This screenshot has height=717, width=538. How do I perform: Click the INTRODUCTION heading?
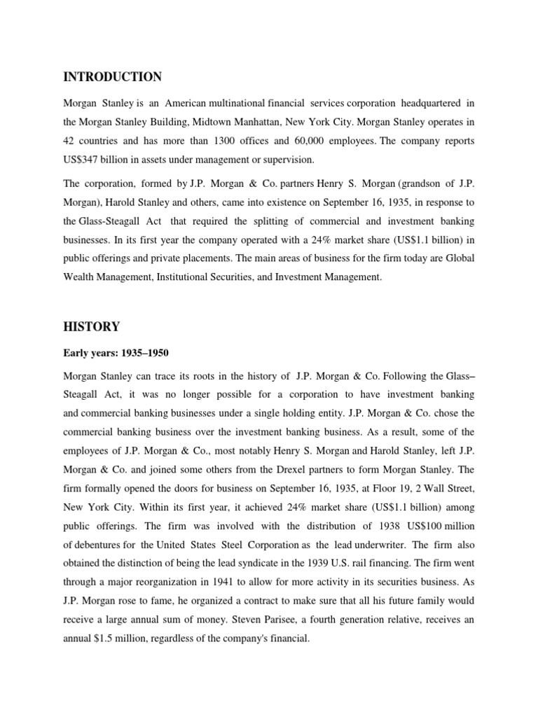[x=112, y=76]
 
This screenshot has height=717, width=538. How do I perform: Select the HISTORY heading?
[x=91, y=326]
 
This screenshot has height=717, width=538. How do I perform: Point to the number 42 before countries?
[x=70, y=141]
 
